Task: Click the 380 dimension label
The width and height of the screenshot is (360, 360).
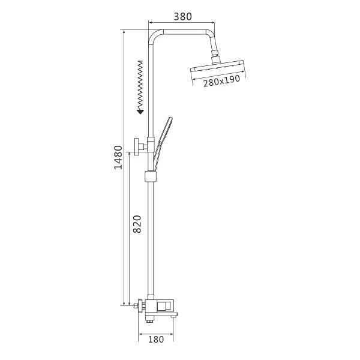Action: point(182,17)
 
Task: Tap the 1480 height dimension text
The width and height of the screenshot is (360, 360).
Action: point(119,157)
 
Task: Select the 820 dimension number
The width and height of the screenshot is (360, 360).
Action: point(137,224)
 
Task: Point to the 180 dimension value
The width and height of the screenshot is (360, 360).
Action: point(156,340)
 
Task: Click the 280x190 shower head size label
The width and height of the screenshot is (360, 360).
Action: point(221,80)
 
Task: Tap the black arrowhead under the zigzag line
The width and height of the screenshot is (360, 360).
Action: point(140,112)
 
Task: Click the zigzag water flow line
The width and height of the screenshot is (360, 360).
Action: point(140,85)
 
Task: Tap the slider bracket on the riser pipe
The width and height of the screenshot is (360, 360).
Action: point(151,176)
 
